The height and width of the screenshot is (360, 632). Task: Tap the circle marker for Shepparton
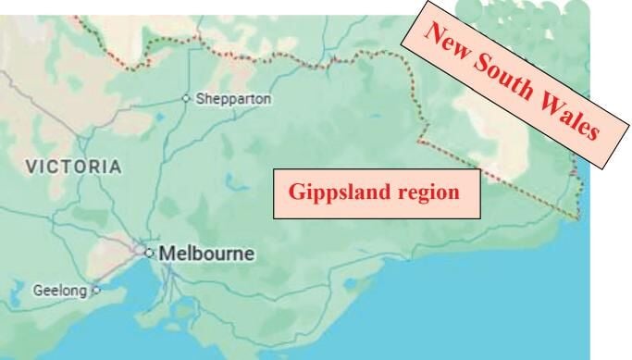click(186, 97)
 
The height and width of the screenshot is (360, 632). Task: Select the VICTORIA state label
click(73, 168)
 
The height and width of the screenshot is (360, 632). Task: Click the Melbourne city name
click(206, 253)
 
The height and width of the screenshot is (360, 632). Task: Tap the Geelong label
click(59, 290)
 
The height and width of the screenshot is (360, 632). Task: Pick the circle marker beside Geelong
click(95, 289)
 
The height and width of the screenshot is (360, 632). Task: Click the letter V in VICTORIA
click(31, 168)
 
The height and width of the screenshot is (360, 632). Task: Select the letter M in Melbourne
click(167, 253)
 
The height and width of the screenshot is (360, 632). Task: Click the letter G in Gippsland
click(296, 193)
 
